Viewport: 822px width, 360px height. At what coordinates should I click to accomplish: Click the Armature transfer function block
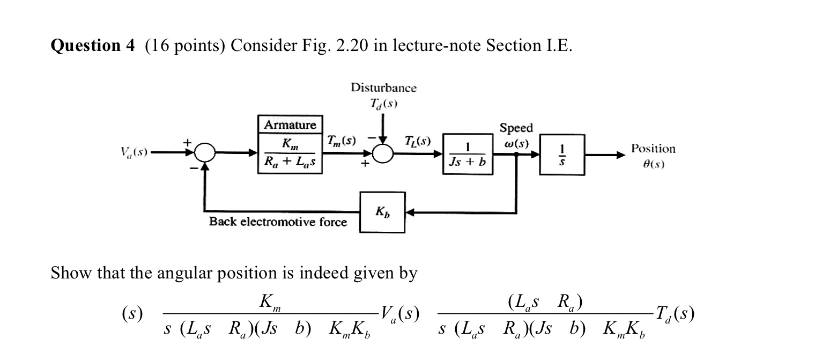(290, 145)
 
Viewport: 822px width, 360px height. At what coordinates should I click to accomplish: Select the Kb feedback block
(382, 212)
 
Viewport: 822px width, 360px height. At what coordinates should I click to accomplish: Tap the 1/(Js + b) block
(467, 155)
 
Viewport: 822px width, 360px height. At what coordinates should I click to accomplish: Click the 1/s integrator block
(562, 155)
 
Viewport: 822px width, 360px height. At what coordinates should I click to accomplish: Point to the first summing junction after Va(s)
(204, 153)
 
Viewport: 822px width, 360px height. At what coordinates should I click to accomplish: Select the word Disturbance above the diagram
(383, 87)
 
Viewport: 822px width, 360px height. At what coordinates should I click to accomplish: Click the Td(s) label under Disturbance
(383, 103)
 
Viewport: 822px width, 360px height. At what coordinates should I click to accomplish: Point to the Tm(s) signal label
(342, 141)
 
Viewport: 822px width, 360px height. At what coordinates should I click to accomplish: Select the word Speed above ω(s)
(516, 128)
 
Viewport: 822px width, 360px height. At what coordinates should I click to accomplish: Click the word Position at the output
(653, 148)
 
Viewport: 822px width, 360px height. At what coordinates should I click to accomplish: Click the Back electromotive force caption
(278, 222)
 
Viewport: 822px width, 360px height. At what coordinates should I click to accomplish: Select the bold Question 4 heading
(93, 46)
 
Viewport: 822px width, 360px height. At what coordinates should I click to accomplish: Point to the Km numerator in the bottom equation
(269, 303)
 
